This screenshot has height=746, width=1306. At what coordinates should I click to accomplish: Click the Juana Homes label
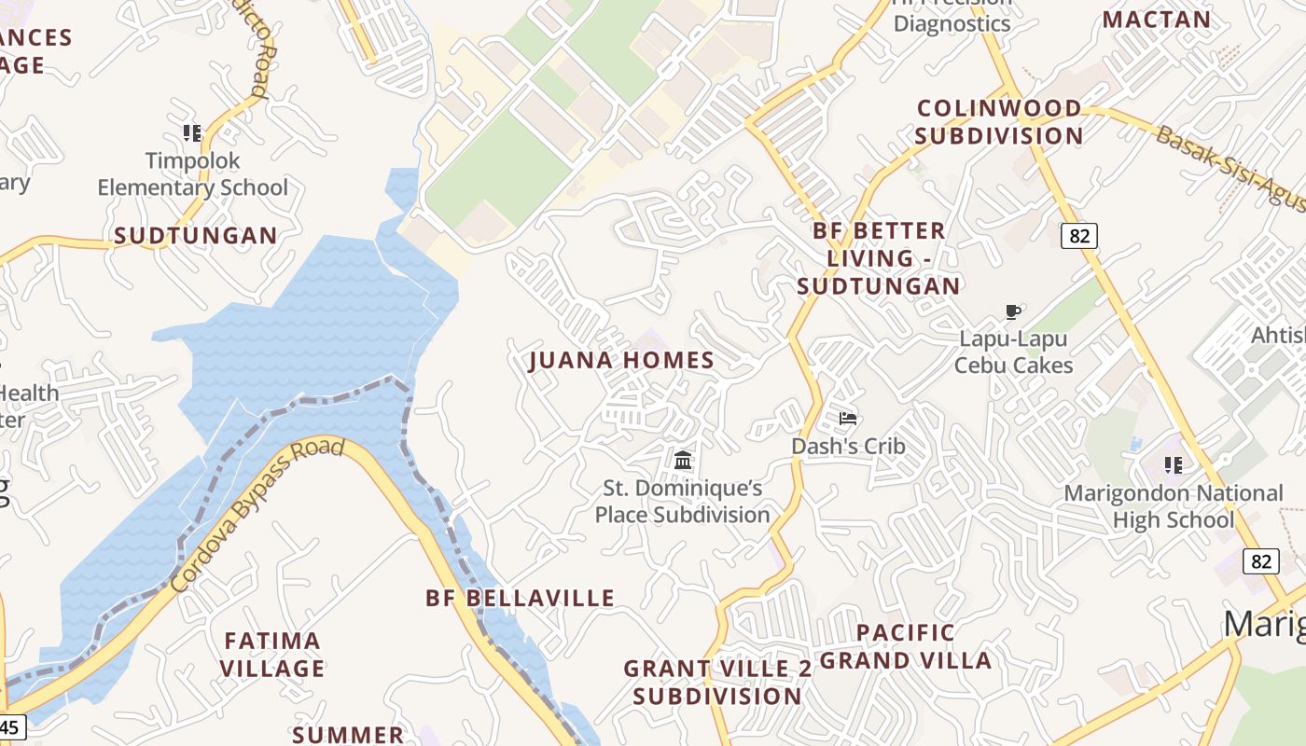pyautogui.click(x=621, y=360)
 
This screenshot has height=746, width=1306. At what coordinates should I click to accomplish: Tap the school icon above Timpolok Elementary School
pyautogui.click(x=192, y=132)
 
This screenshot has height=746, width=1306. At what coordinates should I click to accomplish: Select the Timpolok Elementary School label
pyautogui.click(x=193, y=174)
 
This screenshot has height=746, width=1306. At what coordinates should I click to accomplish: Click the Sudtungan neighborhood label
pyautogui.click(x=196, y=236)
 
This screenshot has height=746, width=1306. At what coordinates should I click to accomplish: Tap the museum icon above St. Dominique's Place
pyautogui.click(x=683, y=460)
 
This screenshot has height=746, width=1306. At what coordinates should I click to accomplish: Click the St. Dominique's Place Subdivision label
pyautogui.click(x=683, y=501)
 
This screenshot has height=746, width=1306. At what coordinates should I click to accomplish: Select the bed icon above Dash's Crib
pyautogui.click(x=847, y=419)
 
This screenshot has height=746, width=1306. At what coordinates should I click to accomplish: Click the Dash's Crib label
pyautogui.click(x=848, y=446)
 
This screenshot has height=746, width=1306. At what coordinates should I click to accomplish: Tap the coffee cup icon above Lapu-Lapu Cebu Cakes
pyautogui.click(x=1013, y=311)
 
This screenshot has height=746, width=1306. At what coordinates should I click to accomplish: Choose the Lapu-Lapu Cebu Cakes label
pyautogui.click(x=1013, y=352)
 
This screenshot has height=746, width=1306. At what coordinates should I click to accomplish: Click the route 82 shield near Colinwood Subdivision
pyautogui.click(x=1079, y=236)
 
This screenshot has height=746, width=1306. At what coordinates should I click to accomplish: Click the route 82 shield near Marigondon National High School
pyautogui.click(x=1261, y=560)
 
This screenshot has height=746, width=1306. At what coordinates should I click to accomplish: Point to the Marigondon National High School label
pyautogui.click(x=1174, y=506)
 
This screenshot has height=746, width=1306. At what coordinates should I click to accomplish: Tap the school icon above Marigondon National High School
pyautogui.click(x=1174, y=463)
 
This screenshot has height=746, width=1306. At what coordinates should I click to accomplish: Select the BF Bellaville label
pyautogui.click(x=521, y=598)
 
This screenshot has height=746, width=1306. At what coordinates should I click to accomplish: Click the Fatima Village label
pyautogui.click(x=272, y=655)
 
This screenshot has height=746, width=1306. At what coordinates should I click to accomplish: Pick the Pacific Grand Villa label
pyautogui.click(x=906, y=647)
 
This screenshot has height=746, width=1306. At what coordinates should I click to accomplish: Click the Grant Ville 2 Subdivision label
pyautogui.click(x=717, y=683)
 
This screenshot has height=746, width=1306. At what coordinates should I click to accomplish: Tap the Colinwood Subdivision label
pyautogui.click(x=999, y=122)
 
